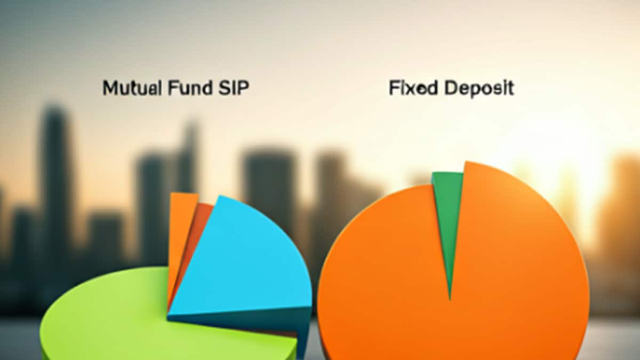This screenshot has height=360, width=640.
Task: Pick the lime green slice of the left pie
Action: (117, 320)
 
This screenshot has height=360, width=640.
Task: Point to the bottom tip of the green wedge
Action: (450, 296)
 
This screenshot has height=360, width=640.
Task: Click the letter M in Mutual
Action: (109, 88)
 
